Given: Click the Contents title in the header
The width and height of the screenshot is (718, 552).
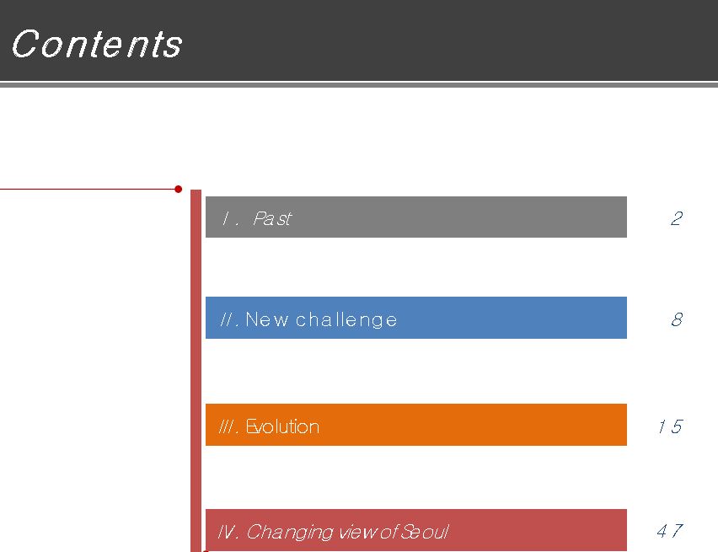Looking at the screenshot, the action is click(97, 44).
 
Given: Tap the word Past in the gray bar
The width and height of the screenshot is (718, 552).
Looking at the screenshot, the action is click(272, 218).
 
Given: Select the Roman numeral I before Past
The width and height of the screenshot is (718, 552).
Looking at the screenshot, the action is click(225, 218).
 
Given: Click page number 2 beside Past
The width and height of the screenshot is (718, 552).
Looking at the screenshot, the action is click(677, 218).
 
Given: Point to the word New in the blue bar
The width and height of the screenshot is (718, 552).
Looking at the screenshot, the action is click(267, 319).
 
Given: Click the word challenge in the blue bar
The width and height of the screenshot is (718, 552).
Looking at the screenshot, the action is click(346, 320).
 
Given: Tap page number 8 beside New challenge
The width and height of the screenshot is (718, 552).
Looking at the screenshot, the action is click(677, 319).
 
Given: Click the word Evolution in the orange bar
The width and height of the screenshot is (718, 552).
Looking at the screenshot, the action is click(282, 426).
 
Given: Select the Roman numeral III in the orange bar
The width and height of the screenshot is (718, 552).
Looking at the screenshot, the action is click(228, 426).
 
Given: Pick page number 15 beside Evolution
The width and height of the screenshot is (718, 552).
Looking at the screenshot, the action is click(670, 426).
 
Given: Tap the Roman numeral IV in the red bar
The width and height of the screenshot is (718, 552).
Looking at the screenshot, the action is click(227, 532).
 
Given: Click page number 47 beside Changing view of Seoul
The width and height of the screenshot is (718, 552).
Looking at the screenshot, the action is click(670, 531).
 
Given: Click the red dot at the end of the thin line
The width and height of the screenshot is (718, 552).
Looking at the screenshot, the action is click(178, 189).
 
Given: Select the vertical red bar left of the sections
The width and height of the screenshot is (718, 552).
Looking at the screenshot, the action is click(196, 371).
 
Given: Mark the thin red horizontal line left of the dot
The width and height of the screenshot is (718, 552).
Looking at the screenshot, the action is click(87, 189).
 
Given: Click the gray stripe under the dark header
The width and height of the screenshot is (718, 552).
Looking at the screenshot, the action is click(359, 85).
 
